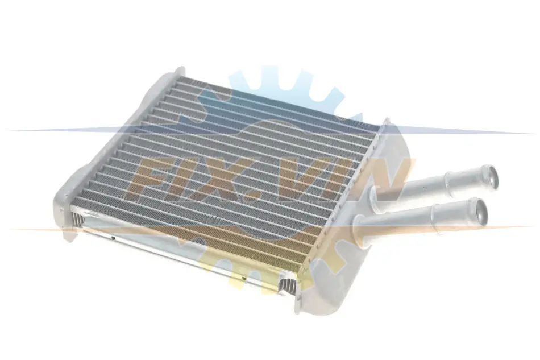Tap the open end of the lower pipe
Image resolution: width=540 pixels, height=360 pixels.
479,212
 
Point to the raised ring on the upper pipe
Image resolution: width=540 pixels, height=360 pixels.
448,181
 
